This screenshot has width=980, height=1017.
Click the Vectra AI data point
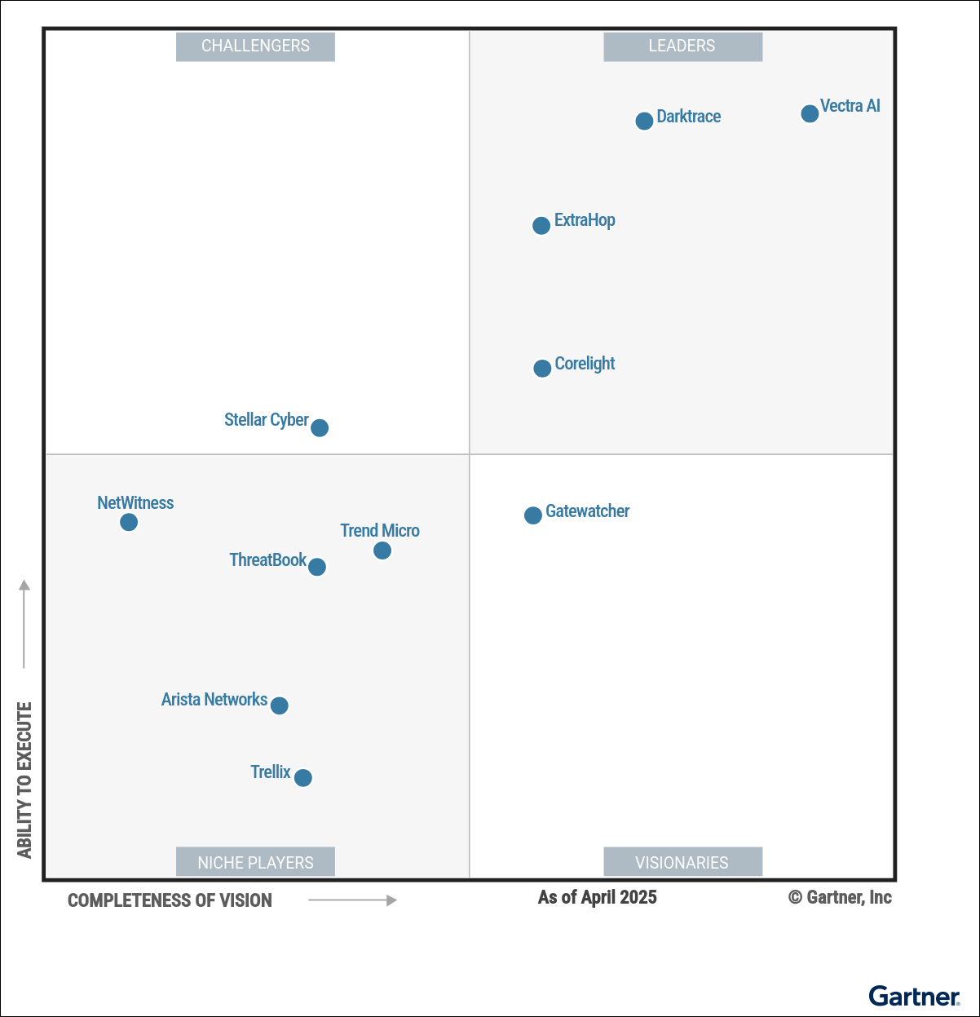point(810,113)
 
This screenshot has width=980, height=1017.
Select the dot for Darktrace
point(644,121)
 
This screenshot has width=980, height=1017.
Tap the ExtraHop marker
point(541,225)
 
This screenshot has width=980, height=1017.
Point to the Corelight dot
point(542,369)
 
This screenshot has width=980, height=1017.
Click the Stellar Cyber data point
point(320,427)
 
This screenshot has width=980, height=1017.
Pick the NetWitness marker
point(129,522)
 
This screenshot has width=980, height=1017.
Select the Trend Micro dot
point(382,551)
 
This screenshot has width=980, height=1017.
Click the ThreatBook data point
point(317,567)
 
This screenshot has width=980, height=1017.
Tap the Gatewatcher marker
point(533,515)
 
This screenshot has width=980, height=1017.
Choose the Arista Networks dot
point(279,705)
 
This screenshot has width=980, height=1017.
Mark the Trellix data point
point(303,778)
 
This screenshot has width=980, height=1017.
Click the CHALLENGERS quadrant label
point(255,46)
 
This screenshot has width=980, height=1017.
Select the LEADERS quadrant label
point(682,46)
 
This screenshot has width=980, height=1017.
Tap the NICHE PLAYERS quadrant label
point(255,862)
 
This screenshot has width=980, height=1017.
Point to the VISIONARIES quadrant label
point(682,862)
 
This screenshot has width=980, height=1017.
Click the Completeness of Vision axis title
point(170,900)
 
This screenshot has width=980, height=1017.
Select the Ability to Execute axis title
point(24,780)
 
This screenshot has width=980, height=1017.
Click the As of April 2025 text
point(598,898)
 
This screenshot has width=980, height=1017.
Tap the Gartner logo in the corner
point(914,996)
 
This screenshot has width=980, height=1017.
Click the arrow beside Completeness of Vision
point(352,900)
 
